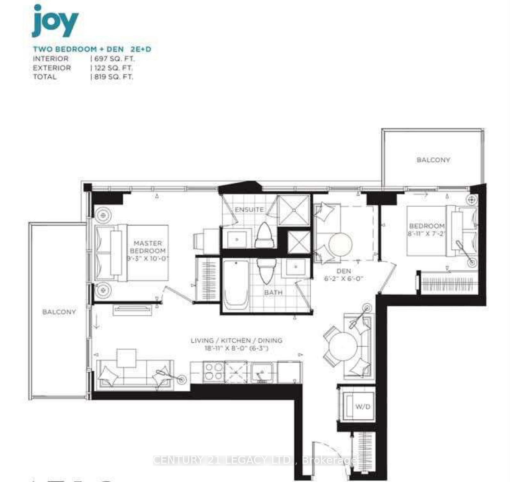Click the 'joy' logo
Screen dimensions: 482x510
[55, 21]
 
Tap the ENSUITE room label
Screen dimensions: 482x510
[249, 210]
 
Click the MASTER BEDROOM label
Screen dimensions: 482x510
[147, 247]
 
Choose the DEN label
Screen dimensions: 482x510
[344, 271]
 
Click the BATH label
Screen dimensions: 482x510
[273, 292]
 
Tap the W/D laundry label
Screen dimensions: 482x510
[363, 407]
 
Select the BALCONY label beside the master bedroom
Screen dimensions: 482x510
[59, 312]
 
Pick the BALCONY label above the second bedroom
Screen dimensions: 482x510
[433, 160]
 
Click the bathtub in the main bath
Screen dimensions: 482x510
[236, 285]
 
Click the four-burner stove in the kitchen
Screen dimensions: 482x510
[213, 372]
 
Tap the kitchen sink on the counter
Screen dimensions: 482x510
[262, 372]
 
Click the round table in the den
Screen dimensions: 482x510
[340, 245]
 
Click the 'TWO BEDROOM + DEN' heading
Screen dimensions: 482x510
[78, 49]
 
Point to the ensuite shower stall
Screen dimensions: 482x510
[293, 210]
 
